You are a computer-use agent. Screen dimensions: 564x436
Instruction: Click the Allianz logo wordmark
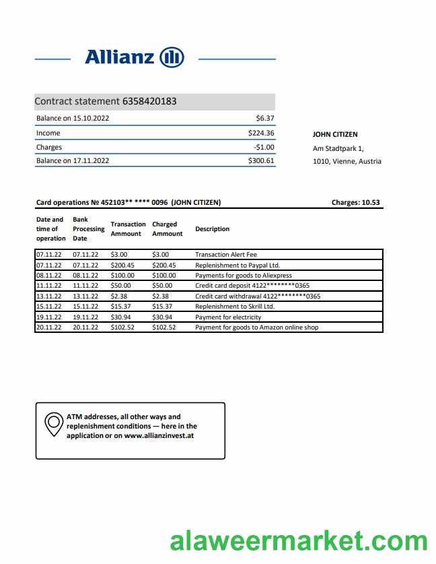tap(120, 57)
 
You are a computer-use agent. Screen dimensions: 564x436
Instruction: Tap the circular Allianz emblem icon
tap(172, 57)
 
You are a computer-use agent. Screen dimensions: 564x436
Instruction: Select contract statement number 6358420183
tap(149, 102)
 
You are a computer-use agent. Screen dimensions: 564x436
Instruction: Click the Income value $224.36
tap(261, 133)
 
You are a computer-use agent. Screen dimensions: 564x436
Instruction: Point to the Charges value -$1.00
tap(264, 147)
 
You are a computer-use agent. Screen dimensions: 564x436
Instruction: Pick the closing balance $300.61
tap(261, 161)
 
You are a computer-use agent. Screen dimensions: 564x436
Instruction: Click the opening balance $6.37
tap(266, 119)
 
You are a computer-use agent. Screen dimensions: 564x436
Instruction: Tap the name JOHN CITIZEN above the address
tap(335, 135)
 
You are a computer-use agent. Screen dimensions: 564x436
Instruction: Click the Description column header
tap(212, 229)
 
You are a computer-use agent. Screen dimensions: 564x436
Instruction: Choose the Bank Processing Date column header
tap(88, 229)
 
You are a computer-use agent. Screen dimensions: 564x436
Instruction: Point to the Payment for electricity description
tap(228, 317)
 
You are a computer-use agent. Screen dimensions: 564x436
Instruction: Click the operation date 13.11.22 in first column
tap(48, 296)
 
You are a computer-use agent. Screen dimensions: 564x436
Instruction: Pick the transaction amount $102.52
tap(123, 327)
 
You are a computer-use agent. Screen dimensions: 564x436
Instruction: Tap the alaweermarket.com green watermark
tap(299, 541)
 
